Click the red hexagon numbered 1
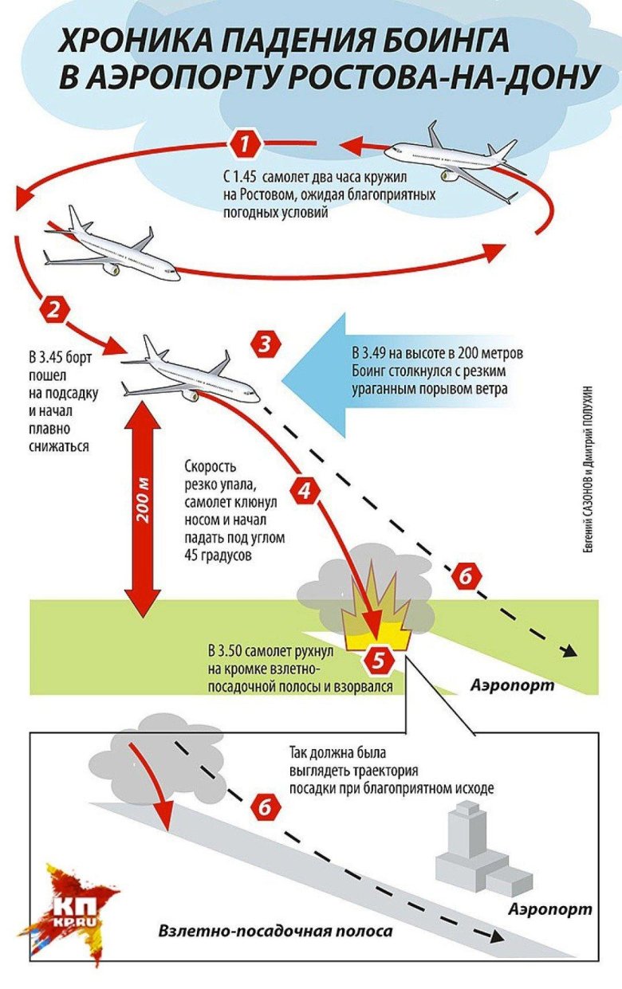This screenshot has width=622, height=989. point(246,144)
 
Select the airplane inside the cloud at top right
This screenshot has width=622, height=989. point(455,159)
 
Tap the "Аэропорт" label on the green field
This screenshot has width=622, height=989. point(511,685)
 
